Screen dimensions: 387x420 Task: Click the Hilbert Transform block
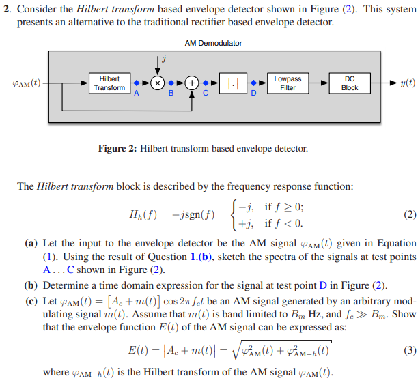pyautogui.click(x=109, y=83)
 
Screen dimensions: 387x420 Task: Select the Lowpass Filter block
pyautogui.click(x=288, y=83)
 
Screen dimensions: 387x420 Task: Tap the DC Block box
pyautogui.click(x=349, y=83)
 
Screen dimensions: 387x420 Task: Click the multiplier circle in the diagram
pyautogui.click(x=158, y=83)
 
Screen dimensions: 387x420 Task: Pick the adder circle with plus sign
pyautogui.click(x=193, y=83)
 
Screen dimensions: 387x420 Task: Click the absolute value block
pyautogui.click(x=232, y=83)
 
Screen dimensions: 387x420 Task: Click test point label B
pyautogui.click(x=171, y=94)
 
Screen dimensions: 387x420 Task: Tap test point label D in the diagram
pyautogui.click(x=253, y=94)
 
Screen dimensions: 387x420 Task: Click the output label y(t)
pyautogui.click(x=406, y=83)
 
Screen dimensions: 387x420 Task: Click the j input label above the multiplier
pyautogui.click(x=163, y=59)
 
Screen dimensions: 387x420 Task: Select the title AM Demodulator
pyautogui.click(x=213, y=43)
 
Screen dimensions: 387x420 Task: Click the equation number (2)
pyautogui.click(x=409, y=214)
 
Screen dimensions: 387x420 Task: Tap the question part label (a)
pyautogui.click(x=31, y=243)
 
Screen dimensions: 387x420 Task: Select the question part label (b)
pyautogui.click(x=31, y=285)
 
